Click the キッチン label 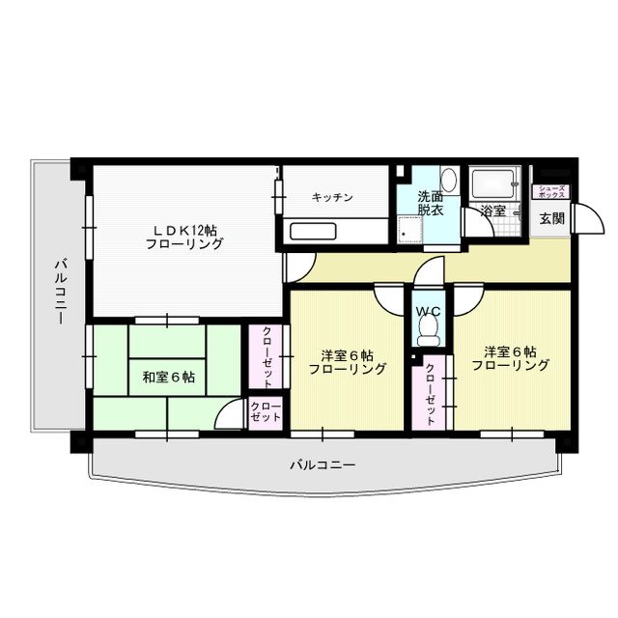click(332, 197)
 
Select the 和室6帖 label click(168, 378)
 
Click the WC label click(429, 311)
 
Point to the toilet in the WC click(429, 331)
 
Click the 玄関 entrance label click(551, 218)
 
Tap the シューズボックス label click(551, 191)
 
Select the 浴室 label click(492, 211)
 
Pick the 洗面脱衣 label click(431, 203)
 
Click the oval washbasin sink click(448, 181)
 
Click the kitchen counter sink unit click(313, 232)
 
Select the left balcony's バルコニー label click(60, 292)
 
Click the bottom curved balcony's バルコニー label click(323, 465)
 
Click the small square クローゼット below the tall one click(266, 412)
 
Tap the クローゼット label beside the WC click(431, 394)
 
